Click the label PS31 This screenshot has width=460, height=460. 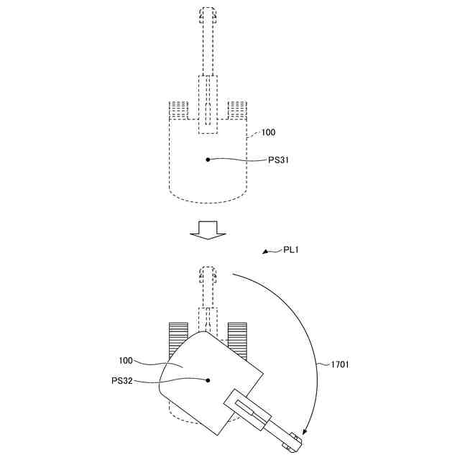click(283, 160)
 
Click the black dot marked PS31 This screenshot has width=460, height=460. click(208, 160)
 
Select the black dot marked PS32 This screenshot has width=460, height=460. click(208, 380)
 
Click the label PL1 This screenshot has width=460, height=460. click(291, 249)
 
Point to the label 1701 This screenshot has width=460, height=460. click(341, 364)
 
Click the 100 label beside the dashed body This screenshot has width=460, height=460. click(267, 132)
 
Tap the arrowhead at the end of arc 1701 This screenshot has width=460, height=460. click(304, 433)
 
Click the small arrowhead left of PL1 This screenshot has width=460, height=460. click(267, 252)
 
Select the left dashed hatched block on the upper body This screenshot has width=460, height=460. click(178, 111)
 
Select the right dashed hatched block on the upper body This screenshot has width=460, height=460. click(238, 111)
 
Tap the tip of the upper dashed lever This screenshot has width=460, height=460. click(208, 14)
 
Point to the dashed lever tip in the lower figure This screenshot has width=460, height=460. click(208, 273)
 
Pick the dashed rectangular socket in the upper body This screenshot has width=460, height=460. click(208, 104)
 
